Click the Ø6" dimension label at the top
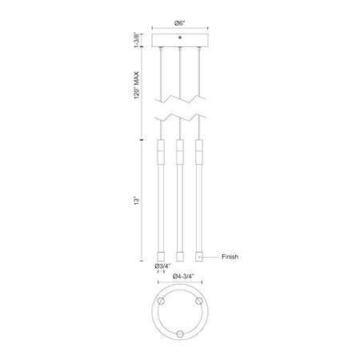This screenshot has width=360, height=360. (x=180, y=23)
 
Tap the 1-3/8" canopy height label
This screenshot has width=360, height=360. (x=137, y=40)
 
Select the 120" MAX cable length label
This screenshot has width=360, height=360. (x=137, y=85)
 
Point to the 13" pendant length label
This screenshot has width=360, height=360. (x=137, y=201)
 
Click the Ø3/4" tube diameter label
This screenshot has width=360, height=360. (x=162, y=266)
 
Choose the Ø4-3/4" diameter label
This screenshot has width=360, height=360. (x=184, y=276)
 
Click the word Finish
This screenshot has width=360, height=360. (x=230, y=257)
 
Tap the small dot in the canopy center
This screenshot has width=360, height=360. (x=180, y=38)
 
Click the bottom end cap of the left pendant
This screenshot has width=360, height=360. (x=161, y=256)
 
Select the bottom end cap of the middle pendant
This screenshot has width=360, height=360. (x=180, y=256)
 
